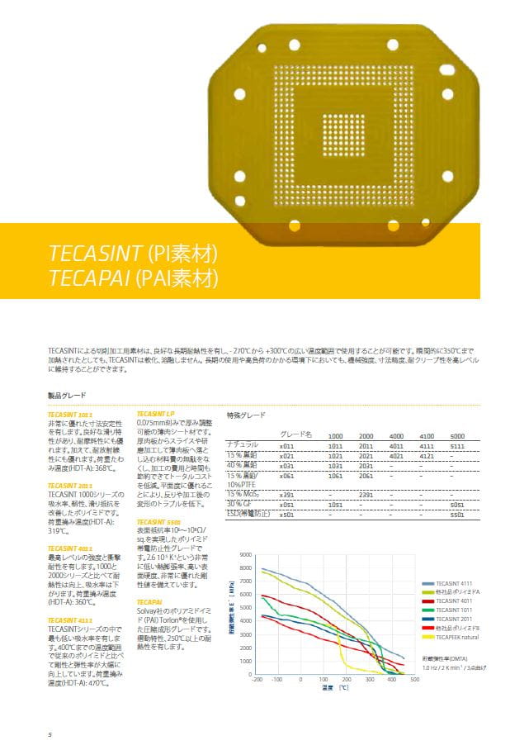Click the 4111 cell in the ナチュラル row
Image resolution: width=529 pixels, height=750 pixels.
coord(427,445)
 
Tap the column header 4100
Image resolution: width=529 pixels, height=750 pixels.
coord(427,434)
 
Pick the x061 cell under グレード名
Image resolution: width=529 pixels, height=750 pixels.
coord(287,476)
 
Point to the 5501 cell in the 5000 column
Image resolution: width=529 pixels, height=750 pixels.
coord(457,515)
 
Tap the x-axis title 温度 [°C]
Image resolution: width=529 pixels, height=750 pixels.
coord(334,687)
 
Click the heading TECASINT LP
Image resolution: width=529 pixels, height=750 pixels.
coord(158,412)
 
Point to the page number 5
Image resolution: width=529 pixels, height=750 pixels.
coord(50,733)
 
